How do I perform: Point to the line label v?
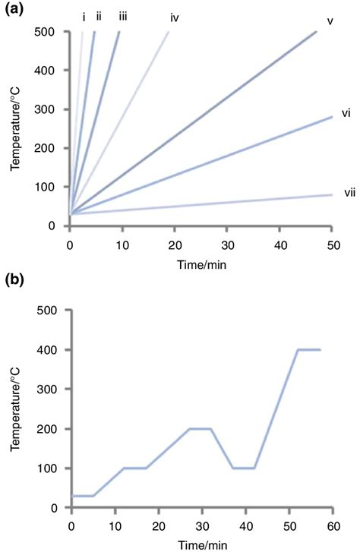point(330,21)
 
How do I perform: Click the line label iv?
point(174,17)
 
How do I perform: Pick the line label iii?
point(123,15)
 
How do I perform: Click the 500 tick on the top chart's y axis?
point(46,32)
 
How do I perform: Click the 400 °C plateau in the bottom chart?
point(308,349)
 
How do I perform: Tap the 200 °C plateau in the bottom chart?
point(201,428)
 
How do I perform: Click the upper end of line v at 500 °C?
point(316,32)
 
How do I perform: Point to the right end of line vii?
point(332,195)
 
